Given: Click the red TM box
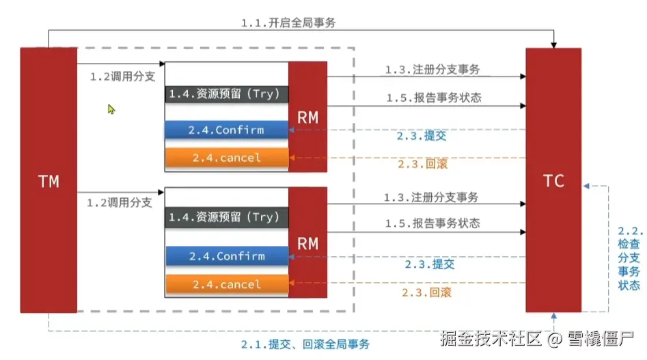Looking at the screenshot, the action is [x=49, y=180].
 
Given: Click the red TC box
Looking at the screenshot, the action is [x=553, y=180].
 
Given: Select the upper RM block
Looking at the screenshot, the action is [x=308, y=117].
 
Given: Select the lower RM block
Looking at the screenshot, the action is [x=308, y=243].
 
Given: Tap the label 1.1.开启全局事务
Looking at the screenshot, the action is [x=288, y=23].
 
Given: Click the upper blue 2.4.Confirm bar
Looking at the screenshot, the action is [x=227, y=130].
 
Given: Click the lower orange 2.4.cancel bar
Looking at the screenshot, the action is [x=227, y=284].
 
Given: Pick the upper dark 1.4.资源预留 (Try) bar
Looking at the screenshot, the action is [x=227, y=94].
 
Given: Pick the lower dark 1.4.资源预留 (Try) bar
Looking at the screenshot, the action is [x=227, y=217].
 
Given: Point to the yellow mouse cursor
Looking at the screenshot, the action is [x=111, y=109].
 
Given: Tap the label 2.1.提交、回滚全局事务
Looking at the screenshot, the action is [x=305, y=344].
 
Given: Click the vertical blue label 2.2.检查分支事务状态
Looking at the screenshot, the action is [x=629, y=258].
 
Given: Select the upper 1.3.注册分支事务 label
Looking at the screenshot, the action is [x=432, y=69].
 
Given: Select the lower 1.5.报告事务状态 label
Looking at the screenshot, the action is [x=432, y=223].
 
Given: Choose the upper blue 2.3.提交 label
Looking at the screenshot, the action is [x=422, y=136].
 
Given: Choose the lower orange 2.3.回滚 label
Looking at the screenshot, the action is [x=426, y=292].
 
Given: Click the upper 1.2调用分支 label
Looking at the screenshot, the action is [x=122, y=77].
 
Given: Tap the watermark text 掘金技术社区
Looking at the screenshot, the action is [x=491, y=339].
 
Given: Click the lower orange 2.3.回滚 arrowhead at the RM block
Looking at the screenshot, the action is [x=291, y=283].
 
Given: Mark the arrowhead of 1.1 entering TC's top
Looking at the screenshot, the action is [x=554, y=45].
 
